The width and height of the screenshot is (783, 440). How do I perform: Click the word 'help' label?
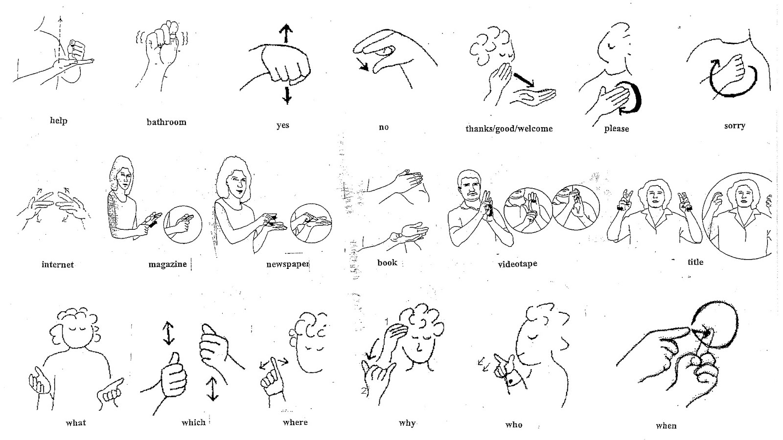point(58,120)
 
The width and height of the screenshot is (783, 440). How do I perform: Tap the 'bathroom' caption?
point(166,122)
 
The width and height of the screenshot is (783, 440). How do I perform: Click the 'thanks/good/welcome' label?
point(509,129)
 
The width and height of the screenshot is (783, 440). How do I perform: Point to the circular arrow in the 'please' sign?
point(633,98)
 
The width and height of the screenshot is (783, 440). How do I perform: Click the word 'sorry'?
point(735,126)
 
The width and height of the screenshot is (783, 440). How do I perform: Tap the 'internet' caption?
point(58,264)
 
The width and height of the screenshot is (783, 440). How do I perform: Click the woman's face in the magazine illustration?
point(124,181)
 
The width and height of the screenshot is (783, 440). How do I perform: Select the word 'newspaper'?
point(287,264)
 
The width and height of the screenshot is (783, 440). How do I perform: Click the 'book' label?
point(387,263)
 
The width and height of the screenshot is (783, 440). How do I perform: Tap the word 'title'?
point(695,262)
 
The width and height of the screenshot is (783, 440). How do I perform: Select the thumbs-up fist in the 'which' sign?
point(171,376)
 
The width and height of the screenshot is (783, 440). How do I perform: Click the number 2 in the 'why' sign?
point(363,391)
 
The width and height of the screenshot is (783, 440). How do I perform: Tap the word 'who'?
point(514,425)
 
